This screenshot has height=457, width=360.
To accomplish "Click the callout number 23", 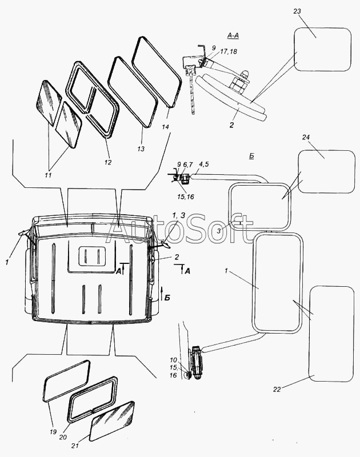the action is (x=297, y=11).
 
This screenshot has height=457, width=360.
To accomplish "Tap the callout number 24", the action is (x=306, y=137).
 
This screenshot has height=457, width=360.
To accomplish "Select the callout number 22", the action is (x=277, y=389).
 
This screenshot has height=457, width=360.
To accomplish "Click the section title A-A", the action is (x=233, y=35).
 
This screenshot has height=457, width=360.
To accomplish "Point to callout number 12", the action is (x=108, y=162).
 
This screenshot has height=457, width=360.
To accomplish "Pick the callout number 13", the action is (x=141, y=149).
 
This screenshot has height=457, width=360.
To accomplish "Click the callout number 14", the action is (x=165, y=127).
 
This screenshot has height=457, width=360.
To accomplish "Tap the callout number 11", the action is (x=48, y=175).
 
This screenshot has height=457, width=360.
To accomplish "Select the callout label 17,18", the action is (x=229, y=51).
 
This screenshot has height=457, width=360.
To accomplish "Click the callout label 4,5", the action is (x=204, y=165).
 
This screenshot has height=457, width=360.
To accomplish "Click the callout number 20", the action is (x=63, y=437).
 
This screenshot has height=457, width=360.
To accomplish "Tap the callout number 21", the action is (x=75, y=446).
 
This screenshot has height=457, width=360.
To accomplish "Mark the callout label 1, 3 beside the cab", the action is (x=178, y=216).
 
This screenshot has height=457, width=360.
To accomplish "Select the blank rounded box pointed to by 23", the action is (x=322, y=50).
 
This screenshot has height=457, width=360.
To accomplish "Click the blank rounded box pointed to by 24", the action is (x=326, y=171).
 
